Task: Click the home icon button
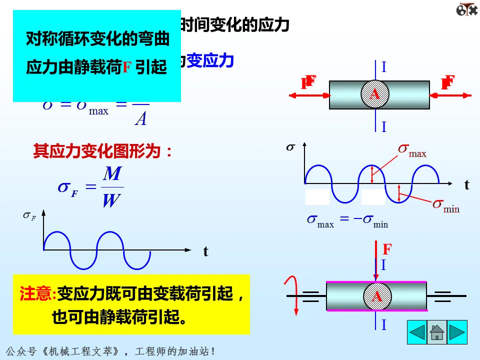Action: tap(437, 332)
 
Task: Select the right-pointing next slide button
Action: tap(456, 332)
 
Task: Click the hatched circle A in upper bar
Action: tap(375, 94)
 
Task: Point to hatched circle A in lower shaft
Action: tap(376, 296)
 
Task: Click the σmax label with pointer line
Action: tap(412, 149)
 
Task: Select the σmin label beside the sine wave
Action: tap(446, 205)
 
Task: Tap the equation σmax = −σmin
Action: tap(347, 220)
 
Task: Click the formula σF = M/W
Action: tap(90, 187)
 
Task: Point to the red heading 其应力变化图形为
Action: tap(103, 151)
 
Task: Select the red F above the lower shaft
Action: tap(386, 249)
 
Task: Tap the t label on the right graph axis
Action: tap(467, 185)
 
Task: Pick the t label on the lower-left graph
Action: tap(205, 251)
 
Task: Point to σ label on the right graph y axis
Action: tap(290, 147)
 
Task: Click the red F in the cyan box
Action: tap(126, 67)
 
